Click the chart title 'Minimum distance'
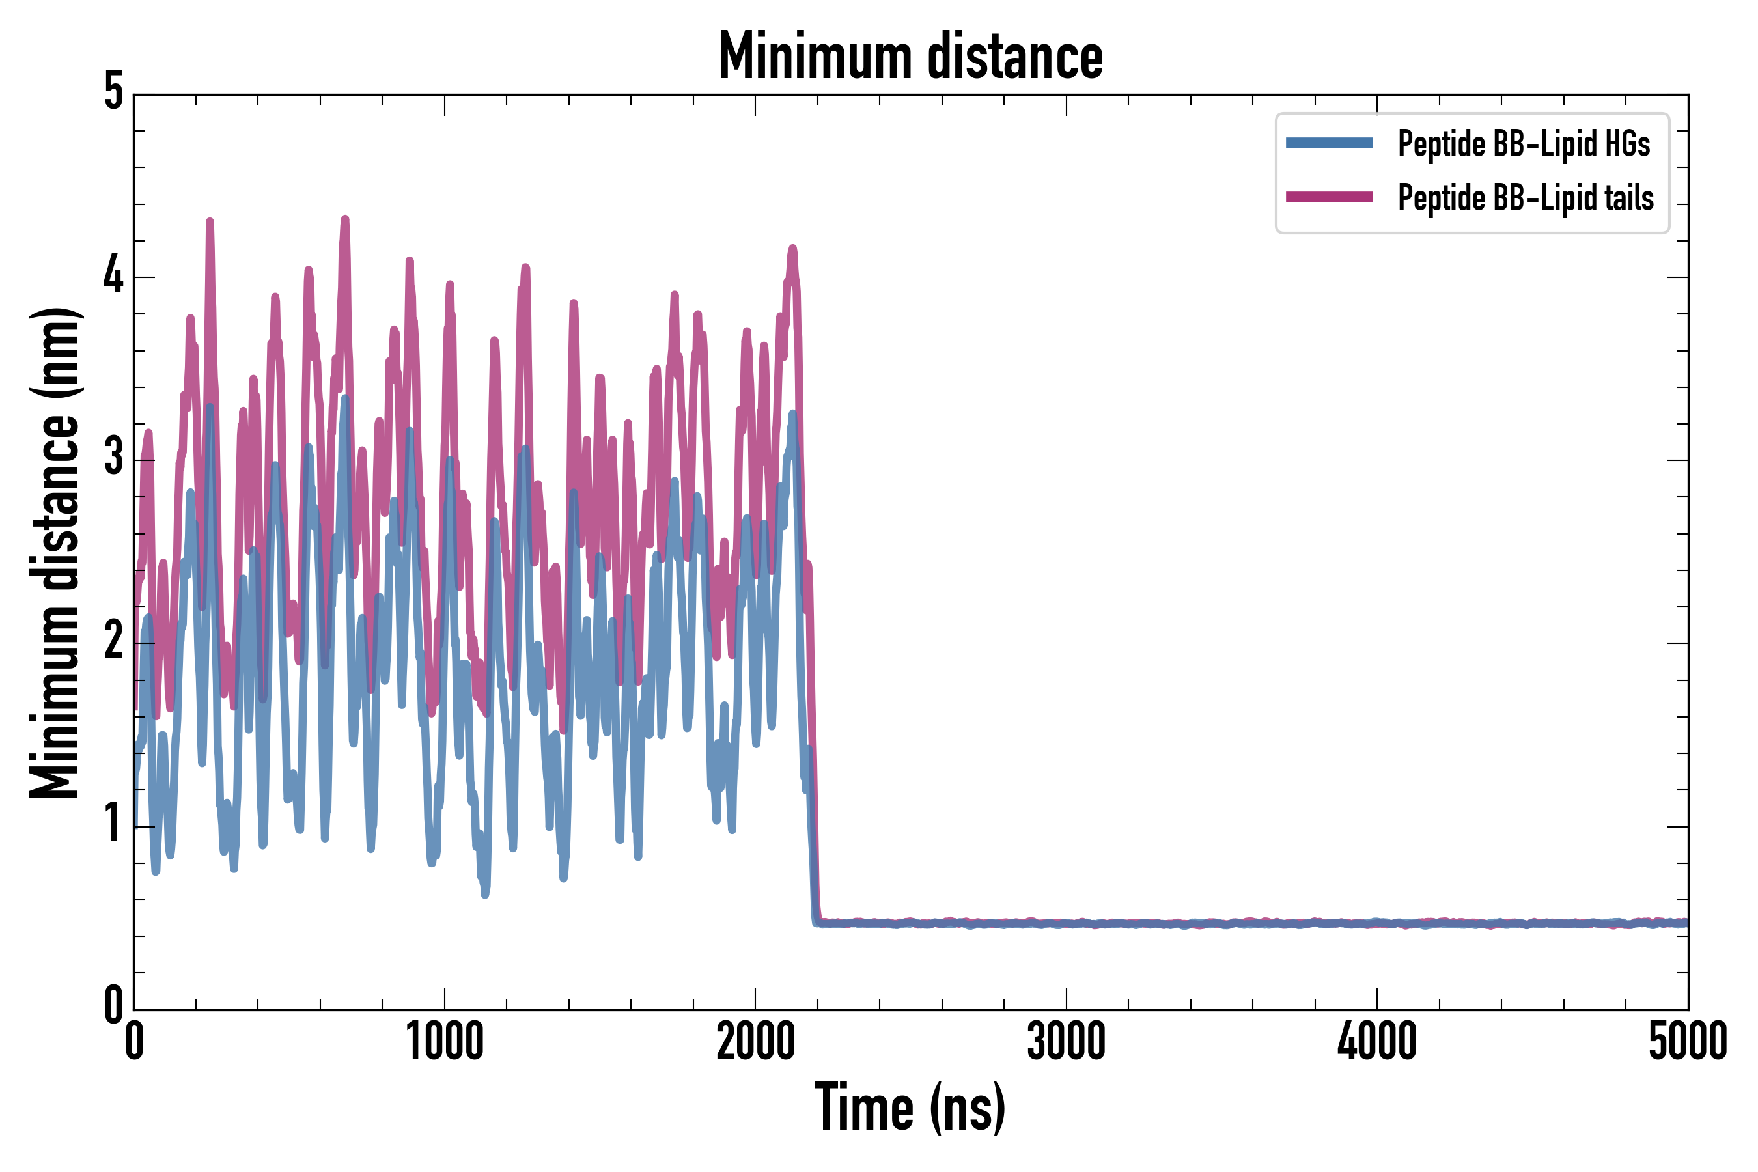[x=910, y=56]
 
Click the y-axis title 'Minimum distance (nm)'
[x=54, y=553]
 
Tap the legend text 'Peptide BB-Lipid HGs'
[x=1524, y=143]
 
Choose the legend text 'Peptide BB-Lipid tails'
[x=1526, y=198]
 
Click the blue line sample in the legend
[x=1329, y=143]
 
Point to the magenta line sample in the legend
[x=1329, y=197]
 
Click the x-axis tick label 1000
[x=445, y=1042]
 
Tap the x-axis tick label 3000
[x=1066, y=1042]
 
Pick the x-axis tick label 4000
[x=1377, y=1042]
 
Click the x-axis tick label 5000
[x=1688, y=1042]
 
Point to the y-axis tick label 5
[x=113, y=91]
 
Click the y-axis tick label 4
[x=113, y=275]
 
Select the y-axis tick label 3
[x=113, y=458]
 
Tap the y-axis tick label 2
[x=113, y=641]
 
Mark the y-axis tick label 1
[x=113, y=824]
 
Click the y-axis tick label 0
[x=113, y=1006]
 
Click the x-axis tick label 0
[x=135, y=1042]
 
